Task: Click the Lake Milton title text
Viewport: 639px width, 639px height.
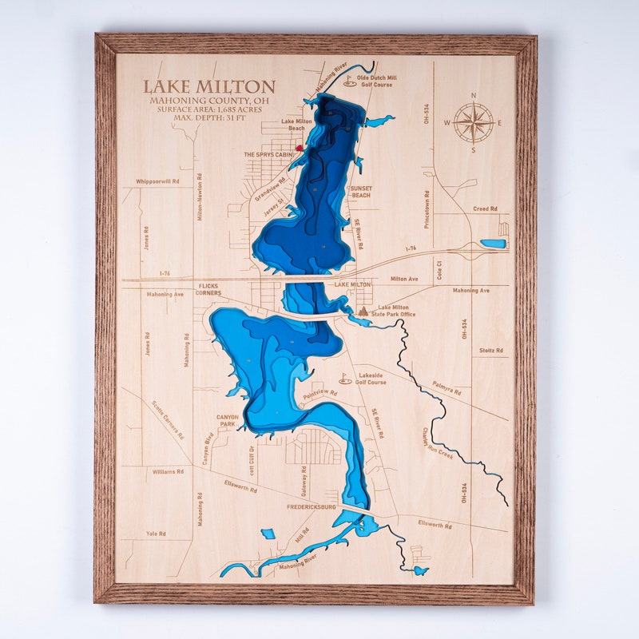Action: tap(208, 86)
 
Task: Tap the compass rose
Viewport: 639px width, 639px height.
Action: tap(473, 122)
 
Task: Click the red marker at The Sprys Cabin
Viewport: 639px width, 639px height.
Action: tap(298, 148)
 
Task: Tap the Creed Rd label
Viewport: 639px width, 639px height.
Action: tap(485, 208)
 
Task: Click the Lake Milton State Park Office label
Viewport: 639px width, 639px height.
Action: tap(396, 311)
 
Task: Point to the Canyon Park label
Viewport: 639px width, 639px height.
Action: tap(227, 420)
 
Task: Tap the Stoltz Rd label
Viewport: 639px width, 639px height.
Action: tap(490, 351)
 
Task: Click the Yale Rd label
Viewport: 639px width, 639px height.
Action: tap(156, 534)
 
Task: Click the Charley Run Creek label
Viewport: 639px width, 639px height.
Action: tap(437, 444)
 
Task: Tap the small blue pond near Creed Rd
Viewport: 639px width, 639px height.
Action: tap(493, 244)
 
